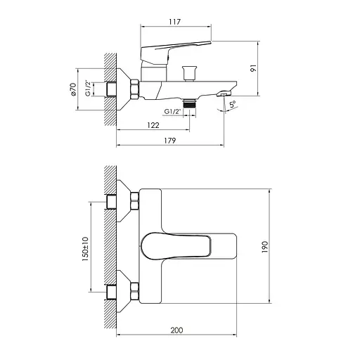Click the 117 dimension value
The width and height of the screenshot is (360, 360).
175,20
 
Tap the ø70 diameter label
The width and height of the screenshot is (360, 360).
72,90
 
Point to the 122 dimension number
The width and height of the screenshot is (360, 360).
153,125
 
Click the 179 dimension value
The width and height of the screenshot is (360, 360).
168,141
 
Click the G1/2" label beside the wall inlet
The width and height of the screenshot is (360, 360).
89,90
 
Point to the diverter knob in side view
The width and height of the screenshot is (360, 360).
188,71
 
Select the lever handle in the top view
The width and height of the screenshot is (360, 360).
176,246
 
